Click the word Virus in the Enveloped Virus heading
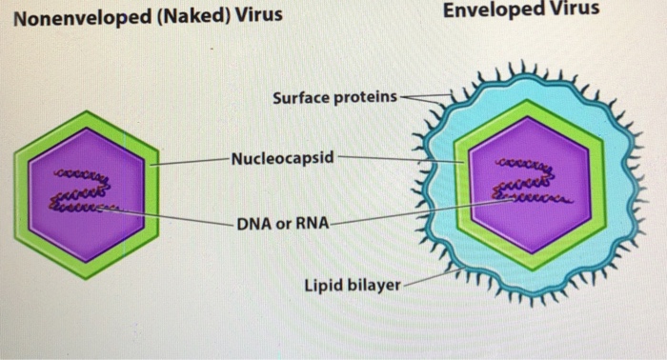576,10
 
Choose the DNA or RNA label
282,225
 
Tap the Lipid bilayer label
352,285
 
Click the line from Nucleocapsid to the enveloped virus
400,158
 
